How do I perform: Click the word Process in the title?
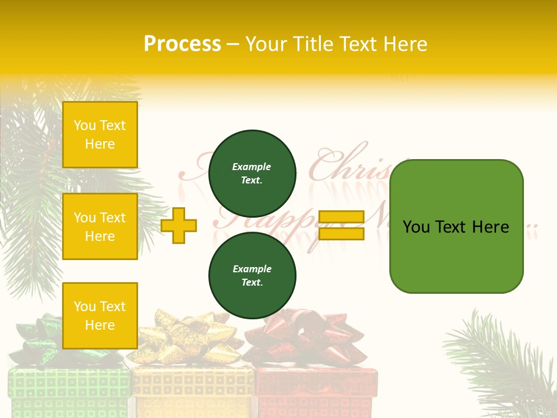click(x=182, y=44)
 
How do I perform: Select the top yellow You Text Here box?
click(x=100, y=135)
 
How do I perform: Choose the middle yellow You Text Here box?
click(x=100, y=226)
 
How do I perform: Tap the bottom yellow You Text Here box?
click(x=100, y=315)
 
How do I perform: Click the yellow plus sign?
click(x=179, y=225)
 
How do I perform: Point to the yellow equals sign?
click(x=341, y=225)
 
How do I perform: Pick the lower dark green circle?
click(x=252, y=276)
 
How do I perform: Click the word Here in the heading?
click(x=406, y=44)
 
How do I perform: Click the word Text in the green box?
click(x=455, y=227)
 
